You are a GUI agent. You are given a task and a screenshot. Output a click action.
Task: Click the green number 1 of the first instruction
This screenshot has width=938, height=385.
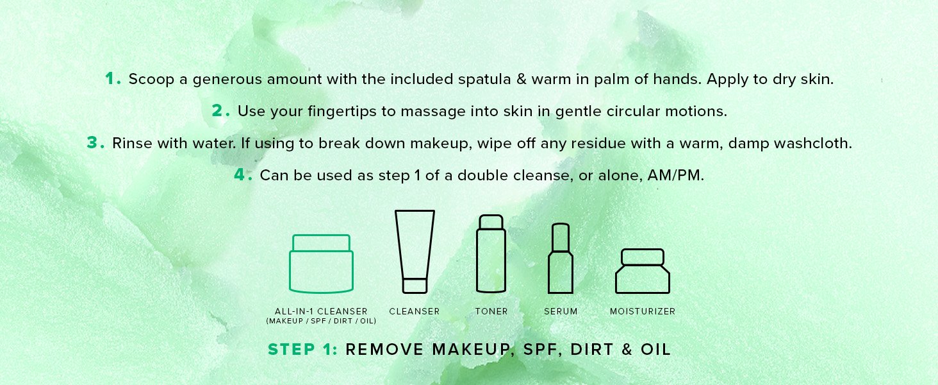click(110, 78)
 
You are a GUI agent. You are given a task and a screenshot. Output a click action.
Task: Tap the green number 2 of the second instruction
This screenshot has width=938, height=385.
click(217, 111)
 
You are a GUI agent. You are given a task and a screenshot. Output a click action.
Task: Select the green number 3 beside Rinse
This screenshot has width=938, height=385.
click(92, 142)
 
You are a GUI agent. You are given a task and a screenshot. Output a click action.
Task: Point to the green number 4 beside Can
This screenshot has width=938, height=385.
click(240, 175)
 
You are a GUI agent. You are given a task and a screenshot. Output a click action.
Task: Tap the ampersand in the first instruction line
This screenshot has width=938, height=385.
click(522, 79)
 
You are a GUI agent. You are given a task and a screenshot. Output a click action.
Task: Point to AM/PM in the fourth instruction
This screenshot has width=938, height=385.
click(675, 175)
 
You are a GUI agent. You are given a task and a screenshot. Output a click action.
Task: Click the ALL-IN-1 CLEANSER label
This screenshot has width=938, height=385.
click(321, 311)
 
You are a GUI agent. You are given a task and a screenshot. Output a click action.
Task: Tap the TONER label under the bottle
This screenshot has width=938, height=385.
click(491, 311)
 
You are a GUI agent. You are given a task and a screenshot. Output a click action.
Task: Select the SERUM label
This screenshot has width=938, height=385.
click(561, 311)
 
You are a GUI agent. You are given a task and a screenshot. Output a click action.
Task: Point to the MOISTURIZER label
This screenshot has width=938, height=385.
click(643, 311)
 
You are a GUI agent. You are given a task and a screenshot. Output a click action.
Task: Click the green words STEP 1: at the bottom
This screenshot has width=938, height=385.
click(302, 349)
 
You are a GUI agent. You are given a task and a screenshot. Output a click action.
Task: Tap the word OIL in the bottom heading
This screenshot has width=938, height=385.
click(655, 349)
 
